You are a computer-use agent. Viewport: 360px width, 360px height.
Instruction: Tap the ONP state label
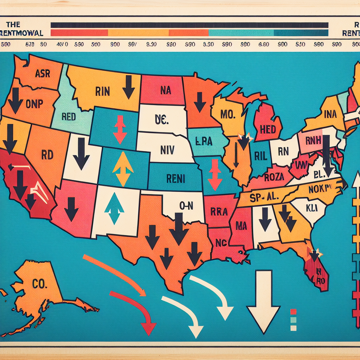(34, 104)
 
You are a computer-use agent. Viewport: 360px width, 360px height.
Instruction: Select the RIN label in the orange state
(103, 92)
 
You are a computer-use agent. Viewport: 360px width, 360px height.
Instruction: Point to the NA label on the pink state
(165, 90)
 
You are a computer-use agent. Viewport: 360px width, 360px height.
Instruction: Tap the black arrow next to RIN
(129, 87)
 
